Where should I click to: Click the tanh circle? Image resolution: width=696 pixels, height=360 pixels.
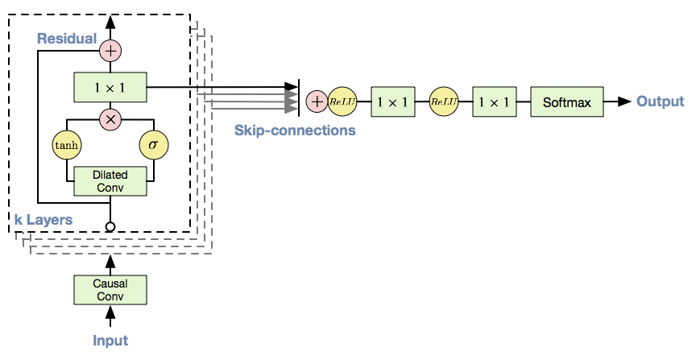67,145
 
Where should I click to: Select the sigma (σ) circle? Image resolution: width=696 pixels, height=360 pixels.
154,145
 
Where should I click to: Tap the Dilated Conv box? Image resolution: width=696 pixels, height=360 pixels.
110,181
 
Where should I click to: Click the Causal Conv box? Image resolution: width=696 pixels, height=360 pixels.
110,290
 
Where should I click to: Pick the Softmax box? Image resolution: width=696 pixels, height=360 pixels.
567,102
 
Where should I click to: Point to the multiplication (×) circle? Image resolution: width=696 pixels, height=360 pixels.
110,119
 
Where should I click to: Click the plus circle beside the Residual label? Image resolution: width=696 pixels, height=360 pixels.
110,51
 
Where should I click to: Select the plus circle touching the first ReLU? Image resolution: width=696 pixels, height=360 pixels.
317,102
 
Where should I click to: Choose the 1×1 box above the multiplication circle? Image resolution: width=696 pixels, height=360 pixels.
110,88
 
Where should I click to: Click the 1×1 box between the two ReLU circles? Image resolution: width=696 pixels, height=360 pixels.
393,102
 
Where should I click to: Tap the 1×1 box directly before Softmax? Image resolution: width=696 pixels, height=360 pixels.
494,102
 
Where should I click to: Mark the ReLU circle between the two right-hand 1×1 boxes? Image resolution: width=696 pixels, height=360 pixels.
443,102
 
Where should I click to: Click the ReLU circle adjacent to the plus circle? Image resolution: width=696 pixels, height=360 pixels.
342,102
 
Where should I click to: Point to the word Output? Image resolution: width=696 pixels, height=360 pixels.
660,101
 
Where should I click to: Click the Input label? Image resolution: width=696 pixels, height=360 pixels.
110,341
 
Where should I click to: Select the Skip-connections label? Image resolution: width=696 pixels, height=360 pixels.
295,130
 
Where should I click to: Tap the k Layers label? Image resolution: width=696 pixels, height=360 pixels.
43,220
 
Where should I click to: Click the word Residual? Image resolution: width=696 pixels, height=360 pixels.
67,39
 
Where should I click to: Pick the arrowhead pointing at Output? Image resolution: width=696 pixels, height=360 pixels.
624,101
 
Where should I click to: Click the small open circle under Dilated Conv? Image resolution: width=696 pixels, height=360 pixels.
110,227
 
